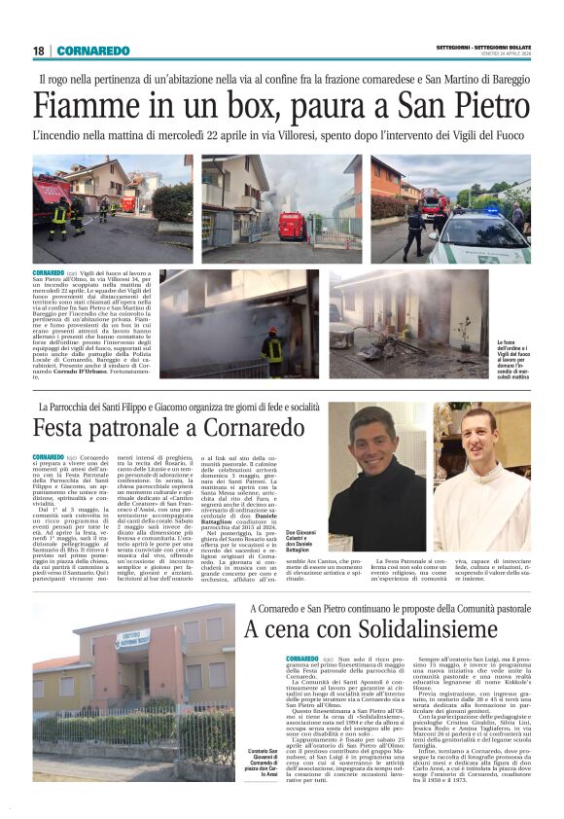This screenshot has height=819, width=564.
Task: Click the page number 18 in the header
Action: click(38, 51)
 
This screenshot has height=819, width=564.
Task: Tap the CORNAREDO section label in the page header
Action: click(92, 51)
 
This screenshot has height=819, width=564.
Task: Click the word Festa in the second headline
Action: click(63, 427)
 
